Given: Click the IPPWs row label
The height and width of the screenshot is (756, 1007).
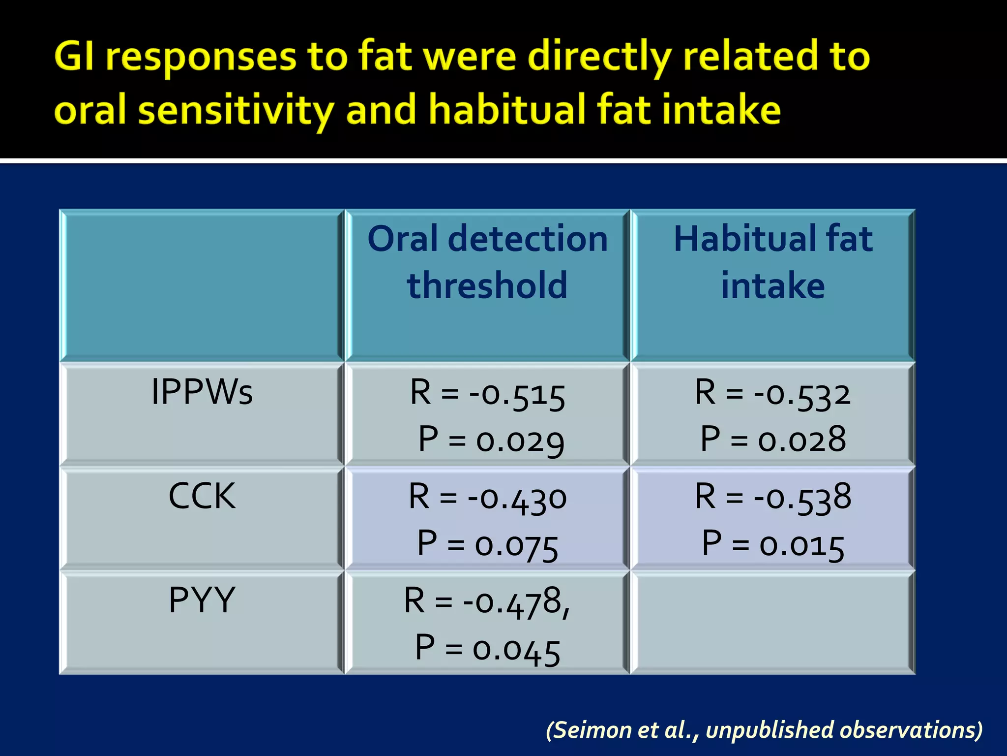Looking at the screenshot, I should (x=202, y=392).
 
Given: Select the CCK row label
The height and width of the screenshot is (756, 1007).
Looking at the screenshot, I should (x=202, y=496).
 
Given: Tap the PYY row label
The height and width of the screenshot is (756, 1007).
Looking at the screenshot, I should (x=202, y=600).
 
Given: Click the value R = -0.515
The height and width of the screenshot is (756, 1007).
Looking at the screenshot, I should (x=487, y=394).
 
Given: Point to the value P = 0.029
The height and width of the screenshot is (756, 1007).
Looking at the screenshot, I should (x=491, y=440).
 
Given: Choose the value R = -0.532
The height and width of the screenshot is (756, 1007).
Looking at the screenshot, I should (x=772, y=394).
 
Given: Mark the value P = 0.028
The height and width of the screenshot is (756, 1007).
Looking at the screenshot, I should (x=772, y=440).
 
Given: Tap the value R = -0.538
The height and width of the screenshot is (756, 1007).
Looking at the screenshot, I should (x=772, y=497).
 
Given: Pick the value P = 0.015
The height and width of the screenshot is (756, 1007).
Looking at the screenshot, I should (x=772, y=544).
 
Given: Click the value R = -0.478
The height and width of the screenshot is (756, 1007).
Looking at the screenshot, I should (x=486, y=601).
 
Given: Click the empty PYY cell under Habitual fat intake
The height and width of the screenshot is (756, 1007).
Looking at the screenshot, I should (x=772, y=623).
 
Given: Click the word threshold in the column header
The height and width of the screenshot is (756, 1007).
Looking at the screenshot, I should (x=487, y=285).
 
